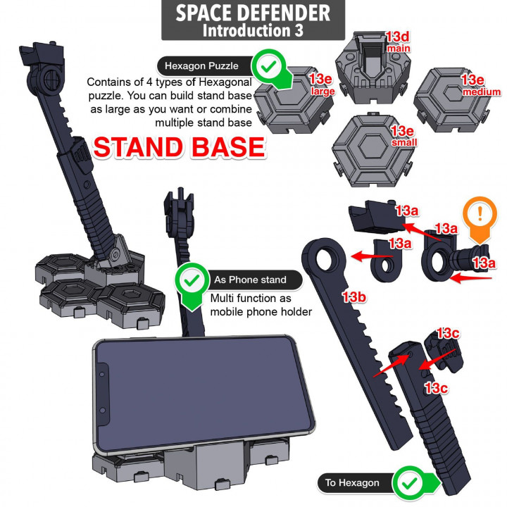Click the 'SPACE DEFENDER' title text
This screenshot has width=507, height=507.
(253, 13)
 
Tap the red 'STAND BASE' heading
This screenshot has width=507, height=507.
(179, 147)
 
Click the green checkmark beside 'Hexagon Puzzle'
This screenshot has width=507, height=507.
(268, 68)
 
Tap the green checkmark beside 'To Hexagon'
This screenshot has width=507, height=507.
(408, 482)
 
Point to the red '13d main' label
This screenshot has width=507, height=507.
(397, 40)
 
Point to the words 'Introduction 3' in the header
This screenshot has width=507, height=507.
(253, 31)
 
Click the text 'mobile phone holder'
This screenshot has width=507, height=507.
(261, 311)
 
